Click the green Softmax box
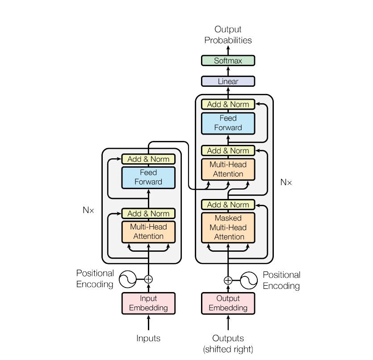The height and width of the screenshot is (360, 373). (228, 60)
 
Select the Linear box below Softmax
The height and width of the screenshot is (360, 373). (228, 81)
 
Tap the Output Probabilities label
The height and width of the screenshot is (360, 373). (228, 35)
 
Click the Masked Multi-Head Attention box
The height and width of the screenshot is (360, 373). (228, 227)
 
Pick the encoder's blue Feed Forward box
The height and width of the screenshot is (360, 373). (148, 177)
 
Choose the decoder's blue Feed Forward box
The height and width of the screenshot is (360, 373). (228, 123)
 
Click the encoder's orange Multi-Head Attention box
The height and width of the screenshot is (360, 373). (148, 231)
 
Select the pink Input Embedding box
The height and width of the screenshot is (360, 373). (148, 303)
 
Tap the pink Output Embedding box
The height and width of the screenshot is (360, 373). (228, 303)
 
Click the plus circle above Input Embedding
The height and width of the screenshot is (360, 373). (148, 279)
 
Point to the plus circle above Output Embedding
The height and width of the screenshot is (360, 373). (228, 280)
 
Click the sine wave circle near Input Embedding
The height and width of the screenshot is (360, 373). (128, 279)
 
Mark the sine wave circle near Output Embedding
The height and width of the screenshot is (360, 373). (249, 280)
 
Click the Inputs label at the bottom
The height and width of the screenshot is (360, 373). (148, 339)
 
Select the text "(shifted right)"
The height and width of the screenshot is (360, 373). (228, 349)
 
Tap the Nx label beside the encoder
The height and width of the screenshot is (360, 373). (88, 210)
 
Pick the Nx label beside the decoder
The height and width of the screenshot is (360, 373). (286, 182)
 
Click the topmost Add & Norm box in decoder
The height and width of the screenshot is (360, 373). (228, 104)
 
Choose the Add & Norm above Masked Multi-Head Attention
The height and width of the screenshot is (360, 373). (228, 205)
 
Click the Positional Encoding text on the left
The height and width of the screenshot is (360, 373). (95, 279)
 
